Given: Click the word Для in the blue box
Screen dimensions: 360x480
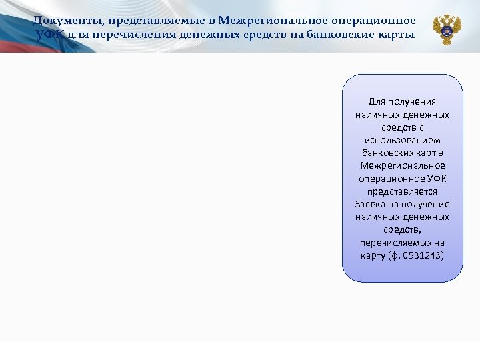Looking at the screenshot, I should [x=377, y=101].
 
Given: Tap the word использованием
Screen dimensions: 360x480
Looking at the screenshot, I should [x=402, y=140].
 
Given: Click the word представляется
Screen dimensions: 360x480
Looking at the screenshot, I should [x=402, y=191].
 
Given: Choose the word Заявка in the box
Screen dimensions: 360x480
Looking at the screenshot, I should [x=370, y=204].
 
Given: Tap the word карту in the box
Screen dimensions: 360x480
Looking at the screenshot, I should [x=373, y=255].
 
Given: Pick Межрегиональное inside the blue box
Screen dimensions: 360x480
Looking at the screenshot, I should [x=402, y=165].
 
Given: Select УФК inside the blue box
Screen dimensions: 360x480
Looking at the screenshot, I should [x=433, y=179].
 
